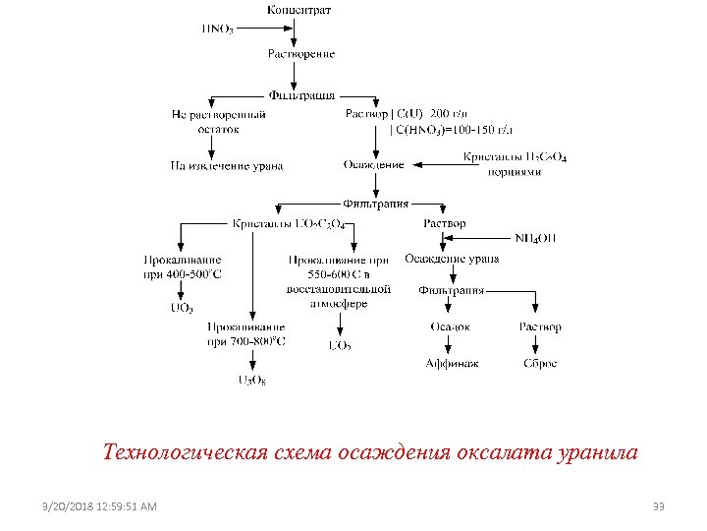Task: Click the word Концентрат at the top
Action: pos(299,10)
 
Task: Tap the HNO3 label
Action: pos(217,29)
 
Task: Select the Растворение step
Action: pos(301,53)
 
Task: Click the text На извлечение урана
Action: pos(227,166)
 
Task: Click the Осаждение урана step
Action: pos(452,259)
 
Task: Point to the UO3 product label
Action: pos(182,309)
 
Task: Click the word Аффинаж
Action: pos(452,363)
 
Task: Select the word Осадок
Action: pos(451,326)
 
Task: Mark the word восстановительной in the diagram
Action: pos(339,289)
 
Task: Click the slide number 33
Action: pos(659,506)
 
